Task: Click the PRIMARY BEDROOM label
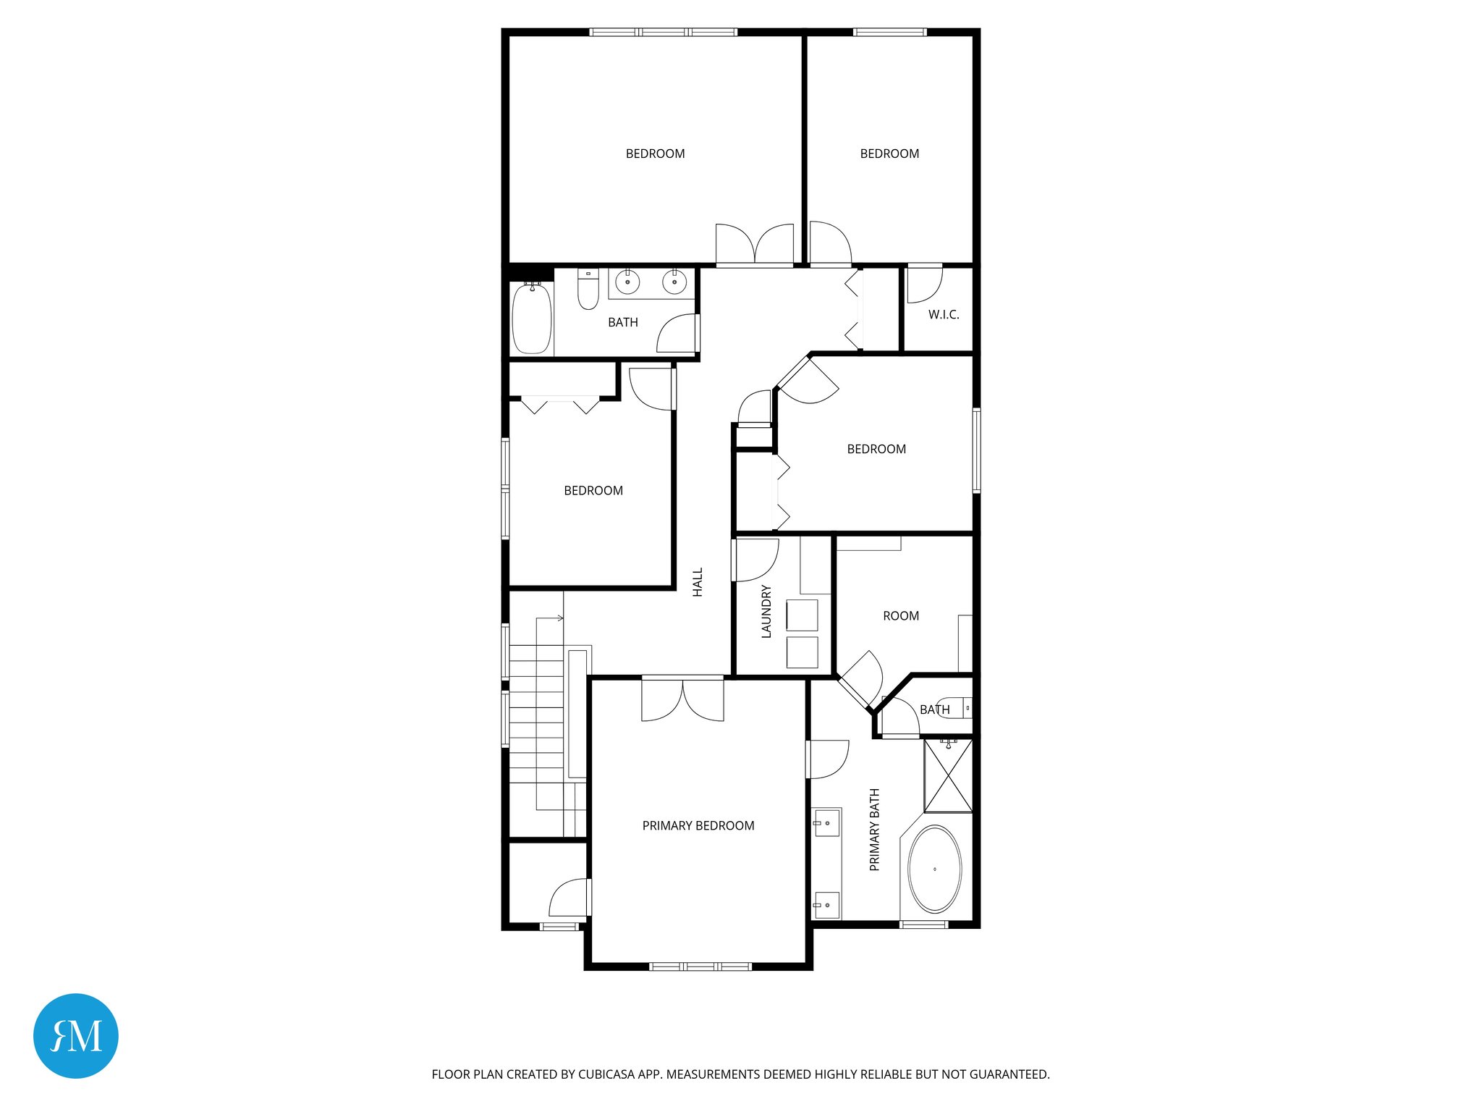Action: pos(698,825)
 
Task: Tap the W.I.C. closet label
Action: pos(943,314)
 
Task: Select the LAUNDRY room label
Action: pos(766,611)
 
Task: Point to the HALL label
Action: pos(698,582)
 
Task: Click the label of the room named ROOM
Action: pos(900,616)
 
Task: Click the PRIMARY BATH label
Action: pos(874,830)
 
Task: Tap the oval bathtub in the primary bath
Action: pos(934,869)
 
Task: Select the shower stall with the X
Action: pos(948,775)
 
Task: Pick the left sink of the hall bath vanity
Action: pos(627,282)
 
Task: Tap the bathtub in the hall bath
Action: pos(532,319)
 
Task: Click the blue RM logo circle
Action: pos(76,1035)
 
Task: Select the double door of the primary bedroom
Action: pos(682,699)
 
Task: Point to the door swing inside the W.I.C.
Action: pos(924,285)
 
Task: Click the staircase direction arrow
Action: pos(559,618)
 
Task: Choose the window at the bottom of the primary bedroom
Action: pos(700,966)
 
